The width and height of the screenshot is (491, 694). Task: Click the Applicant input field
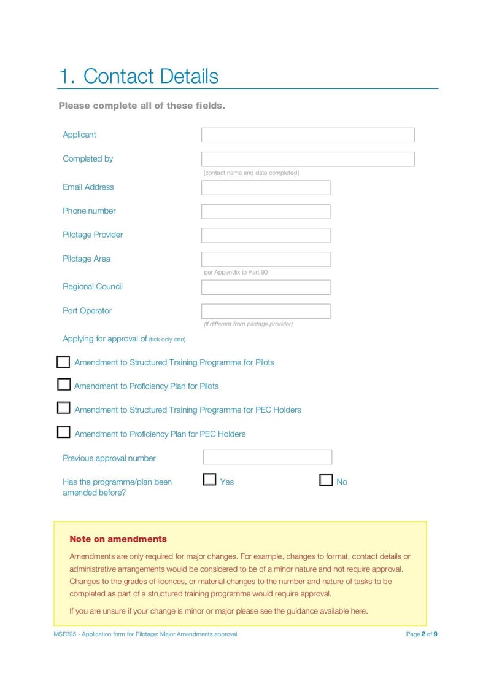pyautogui.click(x=307, y=135)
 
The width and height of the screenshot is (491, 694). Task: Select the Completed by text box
pyautogui.click(x=307, y=159)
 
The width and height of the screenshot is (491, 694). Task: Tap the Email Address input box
pyautogui.click(x=265, y=187)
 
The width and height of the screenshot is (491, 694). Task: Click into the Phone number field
pyautogui.click(x=265, y=211)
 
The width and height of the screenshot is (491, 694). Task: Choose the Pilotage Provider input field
pyautogui.click(x=265, y=235)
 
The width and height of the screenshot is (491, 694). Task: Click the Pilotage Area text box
pyautogui.click(x=265, y=259)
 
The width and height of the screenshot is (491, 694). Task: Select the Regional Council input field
pyautogui.click(x=265, y=287)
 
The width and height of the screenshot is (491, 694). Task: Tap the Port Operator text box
pyautogui.click(x=265, y=311)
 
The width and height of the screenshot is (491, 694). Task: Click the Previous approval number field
pyautogui.click(x=267, y=457)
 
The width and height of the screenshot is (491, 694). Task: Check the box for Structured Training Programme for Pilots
pyautogui.click(x=63, y=362)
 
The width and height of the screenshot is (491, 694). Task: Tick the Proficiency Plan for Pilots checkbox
pyautogui.click(x=63, y=384)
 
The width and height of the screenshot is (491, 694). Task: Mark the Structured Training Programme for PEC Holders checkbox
pyautogui.click(x=63, y=408)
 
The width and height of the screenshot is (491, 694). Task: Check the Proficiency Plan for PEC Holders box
pyautogui.click(x=63, y=432)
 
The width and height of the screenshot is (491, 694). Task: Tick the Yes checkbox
pyautogui.click(x=209, y=480)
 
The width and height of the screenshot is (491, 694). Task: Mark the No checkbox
pyautogui.click(x=326, y=480)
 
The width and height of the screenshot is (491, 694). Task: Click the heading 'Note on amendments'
pyautogui.click(x=118, y=539)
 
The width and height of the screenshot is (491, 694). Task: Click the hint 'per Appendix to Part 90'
pyautogui.click(x=236, y=272)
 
